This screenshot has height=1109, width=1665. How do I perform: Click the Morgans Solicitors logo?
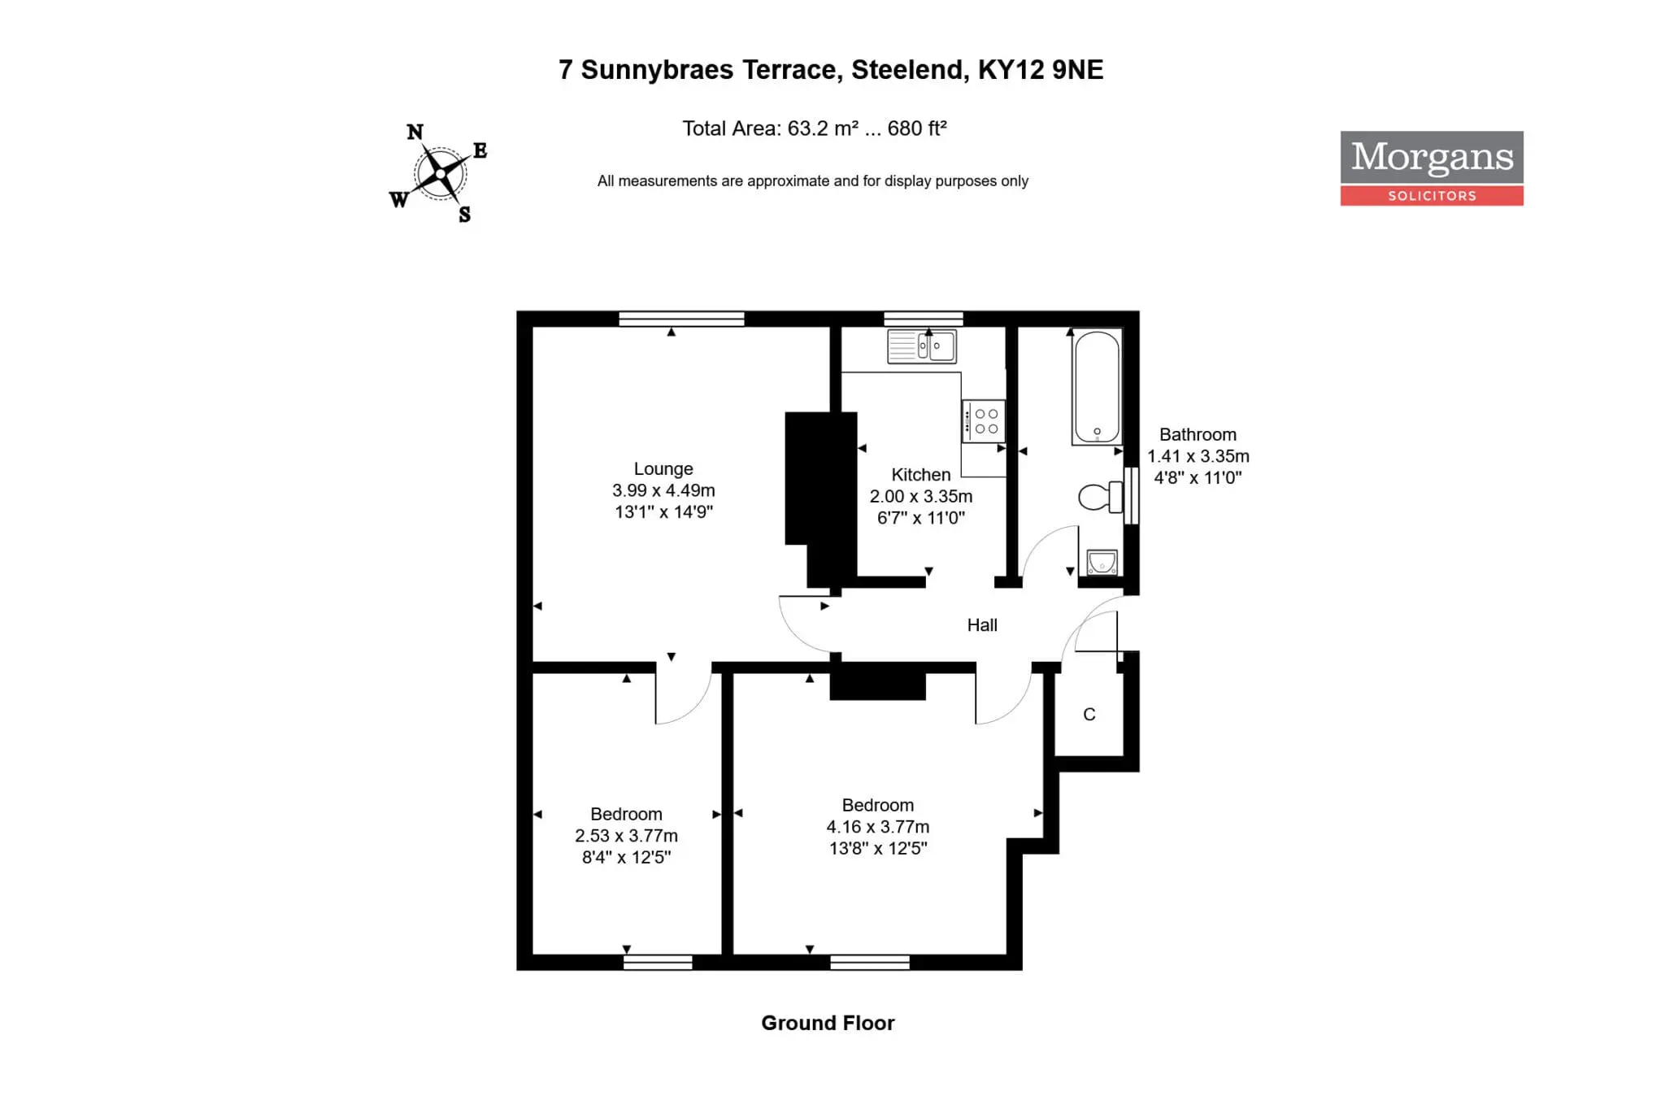click(1432, 168)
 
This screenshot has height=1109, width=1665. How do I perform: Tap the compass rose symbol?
click(439, 172)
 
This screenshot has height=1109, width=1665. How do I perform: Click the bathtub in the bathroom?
click(1097, 387)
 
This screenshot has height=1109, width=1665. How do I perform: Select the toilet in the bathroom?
click(1100, 497)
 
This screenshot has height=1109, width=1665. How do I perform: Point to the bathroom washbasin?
click(1102, 562)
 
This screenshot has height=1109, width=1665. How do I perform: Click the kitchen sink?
click(922, 346)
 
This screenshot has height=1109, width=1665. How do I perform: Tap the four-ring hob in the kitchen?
click(984, 421)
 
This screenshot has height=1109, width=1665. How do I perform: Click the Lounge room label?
click(663, 469)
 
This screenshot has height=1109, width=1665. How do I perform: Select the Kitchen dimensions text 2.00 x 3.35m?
click(921, 496)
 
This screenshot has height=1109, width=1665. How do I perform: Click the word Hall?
click(982, 625)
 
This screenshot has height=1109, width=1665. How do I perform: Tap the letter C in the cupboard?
click(1089, 715)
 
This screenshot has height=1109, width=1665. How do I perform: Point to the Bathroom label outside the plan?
click(1198, 435)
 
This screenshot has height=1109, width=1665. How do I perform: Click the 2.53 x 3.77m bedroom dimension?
click(626, 836)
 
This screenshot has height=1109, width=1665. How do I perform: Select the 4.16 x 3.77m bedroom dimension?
click(878, 827)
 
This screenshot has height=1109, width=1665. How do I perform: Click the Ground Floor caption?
click(828, 1023)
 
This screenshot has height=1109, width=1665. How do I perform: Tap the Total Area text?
click(815, 128)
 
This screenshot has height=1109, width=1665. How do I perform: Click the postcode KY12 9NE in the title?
click(1041, 70)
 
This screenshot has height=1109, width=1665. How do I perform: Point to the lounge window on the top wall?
click(681, 319)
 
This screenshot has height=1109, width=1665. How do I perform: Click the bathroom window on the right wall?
click(1131, 495)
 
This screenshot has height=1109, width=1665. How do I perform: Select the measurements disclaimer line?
click(813, 181)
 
